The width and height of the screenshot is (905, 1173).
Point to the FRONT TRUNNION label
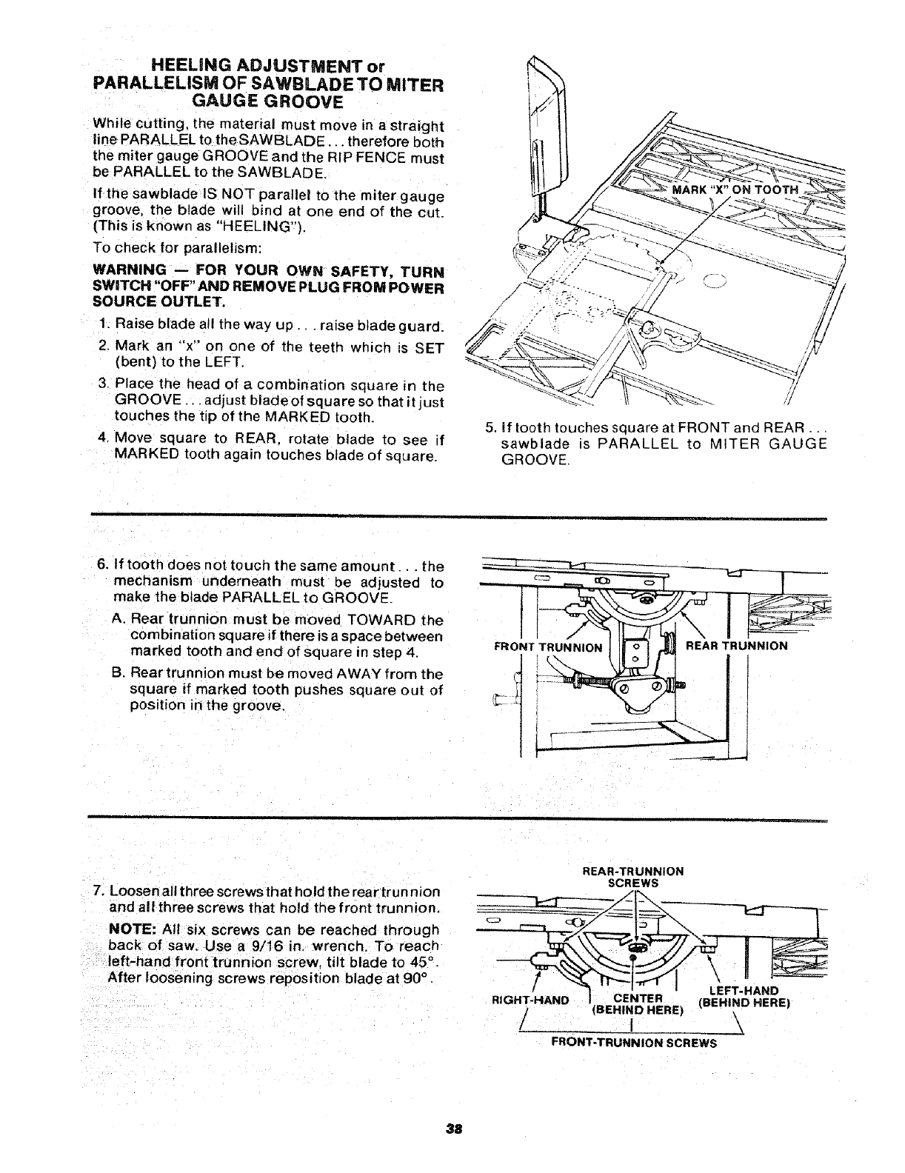coord(548,646)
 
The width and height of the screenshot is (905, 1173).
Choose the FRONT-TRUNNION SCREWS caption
coord(635,1042)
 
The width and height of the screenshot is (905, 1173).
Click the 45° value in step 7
coord(424,962)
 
